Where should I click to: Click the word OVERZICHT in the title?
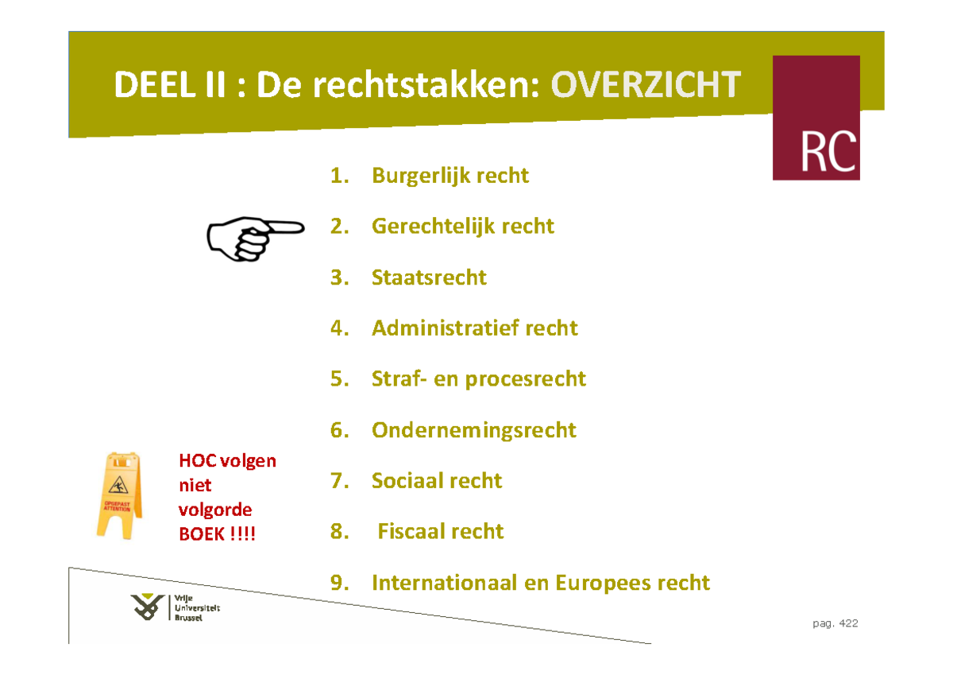[x=646, y=84]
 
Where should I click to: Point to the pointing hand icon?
[x=254, y=236]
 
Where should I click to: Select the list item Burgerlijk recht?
[x=449, y=175]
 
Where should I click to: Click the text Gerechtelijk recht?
[x=462, y=227]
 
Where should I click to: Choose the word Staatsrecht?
[x=429, y=277]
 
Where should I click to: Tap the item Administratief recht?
[x=474, y=328]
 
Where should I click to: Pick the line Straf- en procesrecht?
[x=478, y=378]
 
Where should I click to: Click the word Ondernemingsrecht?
[x=473, y=430]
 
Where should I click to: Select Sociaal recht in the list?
[x=437, y=480]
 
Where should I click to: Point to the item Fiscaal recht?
[x=440, y=531]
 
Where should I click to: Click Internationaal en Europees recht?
[x=540, y=583]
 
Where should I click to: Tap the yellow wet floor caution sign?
[x=120, y=495]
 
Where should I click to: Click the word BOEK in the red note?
[x=202, y=534]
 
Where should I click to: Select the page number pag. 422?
[x=835, y=623]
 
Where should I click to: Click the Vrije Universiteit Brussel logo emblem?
[x=149, y=608]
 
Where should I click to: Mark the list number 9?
[x=340, y=583]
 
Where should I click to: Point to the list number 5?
[x=340, y=378]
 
